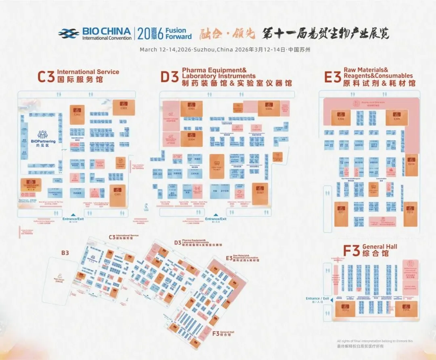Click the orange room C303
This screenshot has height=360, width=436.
coord(124,106)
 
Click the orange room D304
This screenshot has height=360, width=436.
coord(191,137)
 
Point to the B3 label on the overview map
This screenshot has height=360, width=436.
coord(65,253)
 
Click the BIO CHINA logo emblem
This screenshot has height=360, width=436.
coord(68,33)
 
